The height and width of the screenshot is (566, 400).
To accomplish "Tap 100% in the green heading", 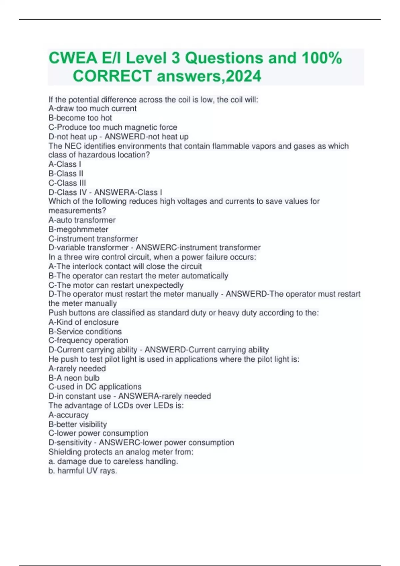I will tap(322, 58).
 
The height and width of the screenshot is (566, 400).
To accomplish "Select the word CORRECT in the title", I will tap(112, 76).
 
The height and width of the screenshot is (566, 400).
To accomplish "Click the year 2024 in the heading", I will tap(243, 76).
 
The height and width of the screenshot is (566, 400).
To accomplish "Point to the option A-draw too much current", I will tap(92, 109).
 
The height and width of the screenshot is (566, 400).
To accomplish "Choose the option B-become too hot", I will tap(80, 118).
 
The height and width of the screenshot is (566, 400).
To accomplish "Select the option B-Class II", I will tap(66, 173).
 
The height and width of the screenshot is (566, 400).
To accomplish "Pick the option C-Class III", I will tap(67, 183).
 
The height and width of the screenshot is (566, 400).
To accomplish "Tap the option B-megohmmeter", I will tap(78, 229).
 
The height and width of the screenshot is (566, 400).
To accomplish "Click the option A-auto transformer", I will tap(82, 220).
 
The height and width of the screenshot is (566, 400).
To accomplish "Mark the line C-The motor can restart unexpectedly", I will tap(116, 285).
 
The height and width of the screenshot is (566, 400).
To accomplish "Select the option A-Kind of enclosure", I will tap(83, 322).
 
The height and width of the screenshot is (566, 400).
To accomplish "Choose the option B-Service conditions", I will tap(85, 332).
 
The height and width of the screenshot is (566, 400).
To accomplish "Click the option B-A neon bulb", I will tap(74, 378).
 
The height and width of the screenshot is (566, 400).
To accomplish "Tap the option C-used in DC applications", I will tap(95, 387).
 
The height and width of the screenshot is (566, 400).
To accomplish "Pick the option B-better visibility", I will tap(78, 424).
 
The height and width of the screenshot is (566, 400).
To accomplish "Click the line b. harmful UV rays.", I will tap(83, 471).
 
